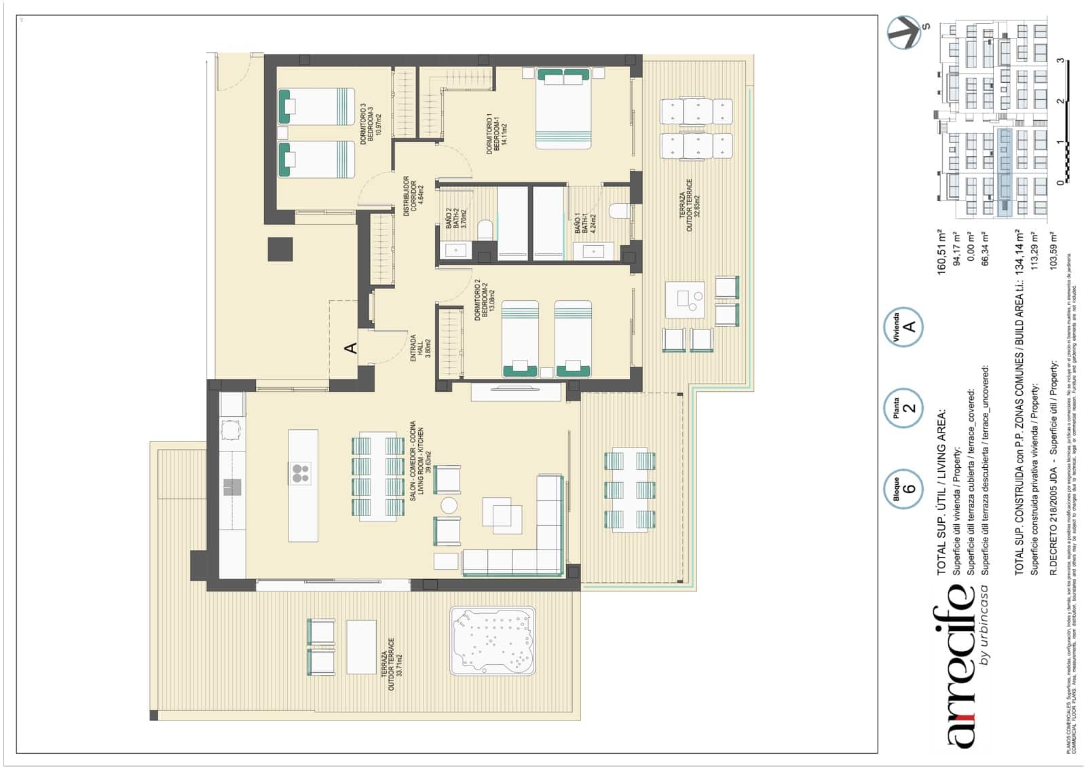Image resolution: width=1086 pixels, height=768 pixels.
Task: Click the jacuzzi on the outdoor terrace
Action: [492, 641]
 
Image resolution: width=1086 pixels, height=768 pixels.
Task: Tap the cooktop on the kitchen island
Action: [300, 473]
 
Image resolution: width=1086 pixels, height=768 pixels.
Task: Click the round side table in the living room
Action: [449, 505]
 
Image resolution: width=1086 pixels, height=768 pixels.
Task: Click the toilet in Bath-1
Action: [619, 211]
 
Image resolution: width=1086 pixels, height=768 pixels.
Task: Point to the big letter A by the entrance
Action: [350, 348]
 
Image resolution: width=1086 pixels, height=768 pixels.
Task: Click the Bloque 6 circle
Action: [903, 488]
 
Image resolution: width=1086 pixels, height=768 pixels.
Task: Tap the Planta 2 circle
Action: [903, 407]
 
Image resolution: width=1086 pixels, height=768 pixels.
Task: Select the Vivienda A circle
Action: [903, 327]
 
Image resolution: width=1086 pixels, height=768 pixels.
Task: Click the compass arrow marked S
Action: [905, 32]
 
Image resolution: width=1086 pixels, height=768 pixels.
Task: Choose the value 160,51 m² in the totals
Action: [941, 251]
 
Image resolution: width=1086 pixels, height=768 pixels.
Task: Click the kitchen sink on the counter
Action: [232, 486]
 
